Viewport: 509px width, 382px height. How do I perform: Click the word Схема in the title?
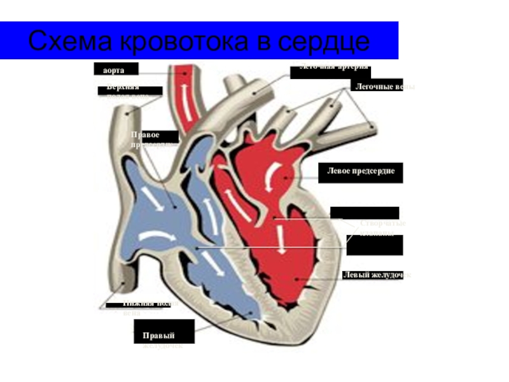[x=71, y=42]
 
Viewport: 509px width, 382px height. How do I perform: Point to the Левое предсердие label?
[x=361, y=172]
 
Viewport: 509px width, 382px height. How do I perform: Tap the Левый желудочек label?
[x=375, y=274]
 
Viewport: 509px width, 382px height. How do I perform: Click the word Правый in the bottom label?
[x=158, y=335]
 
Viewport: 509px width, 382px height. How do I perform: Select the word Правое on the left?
[x=146, y=135]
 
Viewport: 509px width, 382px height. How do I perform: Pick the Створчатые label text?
[x=382, y=223]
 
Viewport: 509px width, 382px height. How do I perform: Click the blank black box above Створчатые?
[x=365, y=213]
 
